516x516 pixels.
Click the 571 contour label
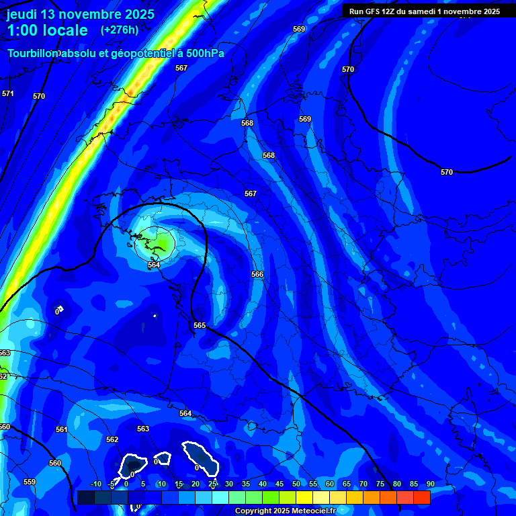pyautogui.click(x=7, y=93)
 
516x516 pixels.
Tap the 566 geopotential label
pyautogui.click(x=257, y=274)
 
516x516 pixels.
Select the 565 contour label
pyautogui.click(x=200, y=325)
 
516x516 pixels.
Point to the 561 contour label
pyautogui.click(x=62, y=429)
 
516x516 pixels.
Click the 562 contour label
pyautogui.click(x=112, y=439)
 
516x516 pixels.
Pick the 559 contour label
pyautogui.click(x=30, y=482)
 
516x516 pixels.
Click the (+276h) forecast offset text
pyautogui.click(x=120, y=30)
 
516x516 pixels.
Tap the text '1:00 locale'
pyautogui.click(x=47, y=30)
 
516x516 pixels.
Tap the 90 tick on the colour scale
pyautogui.click(x=430, y=484)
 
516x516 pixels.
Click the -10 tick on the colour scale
pyautogui.click(x=95, y=484)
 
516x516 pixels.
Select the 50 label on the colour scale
pyautogui.click(x=296, y=484)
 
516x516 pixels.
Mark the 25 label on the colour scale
pyautogui.click(x=212, y=484)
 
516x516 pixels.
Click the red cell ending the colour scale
pyautogui.click(x=421, y=497)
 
